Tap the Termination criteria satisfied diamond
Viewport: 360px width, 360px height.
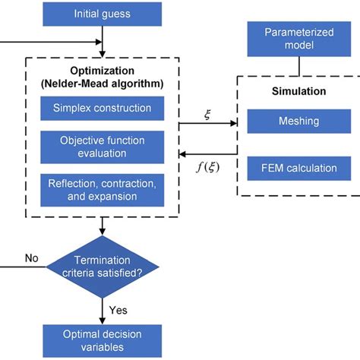(103, 266)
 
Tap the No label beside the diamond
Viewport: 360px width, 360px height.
(31, 258)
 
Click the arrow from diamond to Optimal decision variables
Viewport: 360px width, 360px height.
(102, 308)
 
